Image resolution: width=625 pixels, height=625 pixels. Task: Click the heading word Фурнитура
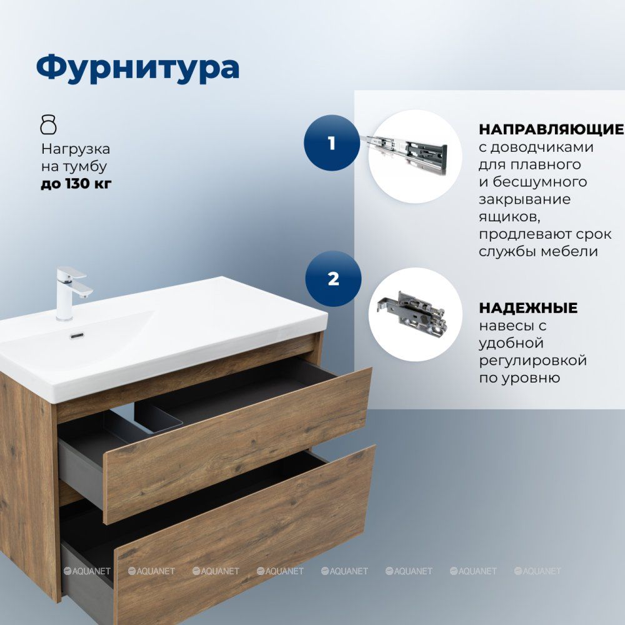[x=138, y=67]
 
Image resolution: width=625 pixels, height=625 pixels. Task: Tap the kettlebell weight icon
[x=49, y=124]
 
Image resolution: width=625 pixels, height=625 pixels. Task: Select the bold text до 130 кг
[x=76, y=184]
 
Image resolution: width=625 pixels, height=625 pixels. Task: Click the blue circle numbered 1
[x=332, y=142]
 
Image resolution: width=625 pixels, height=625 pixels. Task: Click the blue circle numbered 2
[x=333, y=279]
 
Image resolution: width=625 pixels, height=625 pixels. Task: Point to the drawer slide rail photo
[x=404, y=154]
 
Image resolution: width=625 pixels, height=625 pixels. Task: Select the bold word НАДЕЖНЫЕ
[x=528, y=307]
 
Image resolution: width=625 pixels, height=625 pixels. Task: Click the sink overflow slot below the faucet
[x=77, y=336]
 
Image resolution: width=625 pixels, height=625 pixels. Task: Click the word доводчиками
[x=542, y=147]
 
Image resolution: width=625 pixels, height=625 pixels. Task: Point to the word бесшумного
[x=540, y=182]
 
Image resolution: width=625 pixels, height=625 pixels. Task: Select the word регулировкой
[x=533, y=361]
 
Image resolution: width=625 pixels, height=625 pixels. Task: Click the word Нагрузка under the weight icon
[x=76, y=149]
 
